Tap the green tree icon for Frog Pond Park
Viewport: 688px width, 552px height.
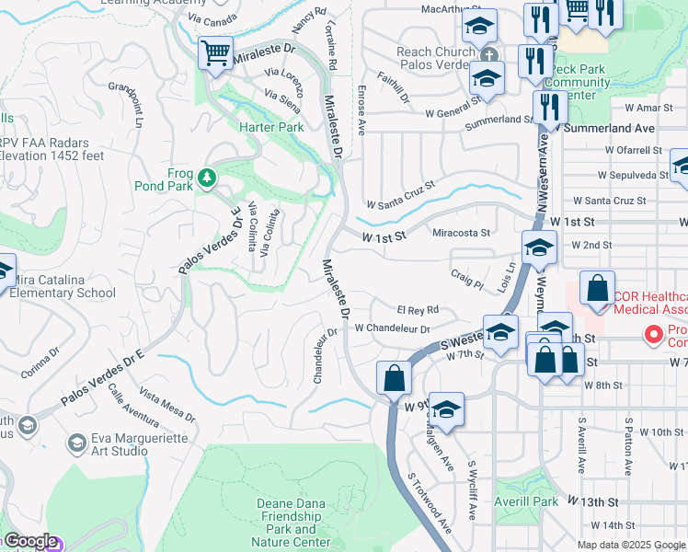coord(209,177)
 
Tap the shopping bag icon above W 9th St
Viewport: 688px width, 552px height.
coord(394,377)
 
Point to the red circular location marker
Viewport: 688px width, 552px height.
coord(654,333)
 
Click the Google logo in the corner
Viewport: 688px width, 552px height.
coord(29,541)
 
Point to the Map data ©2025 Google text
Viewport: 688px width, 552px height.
coord(631,544)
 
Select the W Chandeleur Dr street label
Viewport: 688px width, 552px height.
coord(393,328)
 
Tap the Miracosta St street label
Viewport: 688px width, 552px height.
coord(462,233)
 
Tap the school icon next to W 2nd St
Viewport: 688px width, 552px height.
coord(539,247)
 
